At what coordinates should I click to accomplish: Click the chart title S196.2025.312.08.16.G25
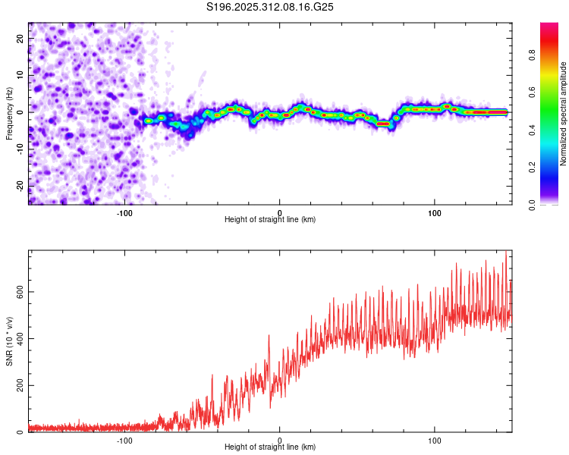[271, 8]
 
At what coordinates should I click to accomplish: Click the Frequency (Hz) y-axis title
[9, 114]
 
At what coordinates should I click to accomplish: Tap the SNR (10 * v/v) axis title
[9, 341]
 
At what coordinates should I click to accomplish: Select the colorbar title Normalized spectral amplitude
[564, 114]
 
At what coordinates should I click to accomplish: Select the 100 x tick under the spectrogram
[435, 212]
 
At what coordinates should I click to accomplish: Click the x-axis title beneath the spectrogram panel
[270, 220]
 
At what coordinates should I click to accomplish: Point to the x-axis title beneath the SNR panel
[270, 447]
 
